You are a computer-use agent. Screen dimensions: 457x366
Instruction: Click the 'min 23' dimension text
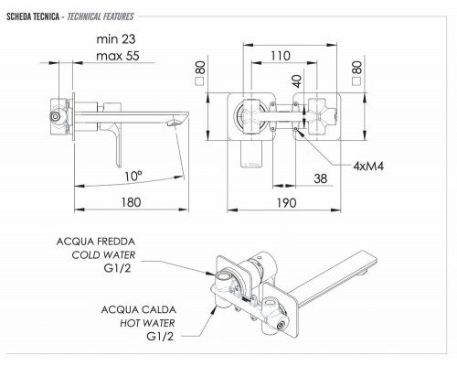pos(116,39)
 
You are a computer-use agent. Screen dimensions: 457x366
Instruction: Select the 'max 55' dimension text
pos(118,56)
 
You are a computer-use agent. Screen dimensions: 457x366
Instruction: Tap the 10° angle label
pos(133,177)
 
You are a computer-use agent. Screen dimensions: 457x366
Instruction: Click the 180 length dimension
pos(132,202)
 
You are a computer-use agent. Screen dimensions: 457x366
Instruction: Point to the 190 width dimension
pos(286,203)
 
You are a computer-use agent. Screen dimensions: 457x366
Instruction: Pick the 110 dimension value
pos(281,56)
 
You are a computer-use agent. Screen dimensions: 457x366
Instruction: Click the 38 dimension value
pos(321,178)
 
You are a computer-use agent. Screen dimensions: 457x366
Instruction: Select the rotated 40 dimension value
pos(296,81)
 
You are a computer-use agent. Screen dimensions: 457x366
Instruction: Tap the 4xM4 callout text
pos(368,167)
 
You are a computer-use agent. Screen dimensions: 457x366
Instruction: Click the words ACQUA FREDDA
pos(96,242)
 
